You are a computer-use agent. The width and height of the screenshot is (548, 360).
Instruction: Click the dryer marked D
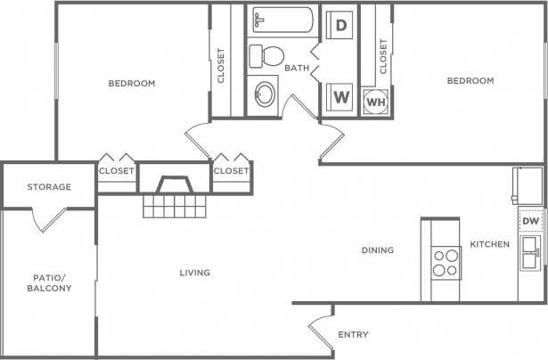[x=340, y=26]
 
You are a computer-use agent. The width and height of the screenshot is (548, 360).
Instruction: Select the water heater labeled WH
[x=374, y=102]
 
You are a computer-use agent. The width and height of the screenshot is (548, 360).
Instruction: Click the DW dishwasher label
[x=530, y=221]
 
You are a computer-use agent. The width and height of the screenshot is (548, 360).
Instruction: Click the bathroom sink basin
[x=265, y=95]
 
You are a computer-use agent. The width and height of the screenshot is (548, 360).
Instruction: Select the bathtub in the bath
[x=281, y=20]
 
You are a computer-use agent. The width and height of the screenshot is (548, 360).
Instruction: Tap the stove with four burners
[x=445, y=262]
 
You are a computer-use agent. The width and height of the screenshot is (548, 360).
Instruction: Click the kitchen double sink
[x=531, y=253]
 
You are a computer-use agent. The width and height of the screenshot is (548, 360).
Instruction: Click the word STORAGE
[x=48, y=187]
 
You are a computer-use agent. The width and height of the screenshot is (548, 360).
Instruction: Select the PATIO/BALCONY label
[x=47, y=283]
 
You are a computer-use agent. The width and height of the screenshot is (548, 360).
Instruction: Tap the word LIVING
[x=194, y=273]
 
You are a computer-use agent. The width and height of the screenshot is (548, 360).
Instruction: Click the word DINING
[x=378, y=250]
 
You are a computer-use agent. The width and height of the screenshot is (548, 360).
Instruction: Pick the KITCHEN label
[x=490, y=244]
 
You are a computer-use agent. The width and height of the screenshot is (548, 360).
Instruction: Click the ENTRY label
[x=354, y=335]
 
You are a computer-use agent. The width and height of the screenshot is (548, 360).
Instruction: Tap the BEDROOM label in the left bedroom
[x=132, y=84]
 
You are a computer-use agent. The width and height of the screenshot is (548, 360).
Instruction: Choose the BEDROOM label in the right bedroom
[x=470, y=81]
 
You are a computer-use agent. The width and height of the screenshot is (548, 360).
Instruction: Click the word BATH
[x=297, y=69]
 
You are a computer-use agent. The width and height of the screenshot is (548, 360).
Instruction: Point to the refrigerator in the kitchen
[x=528, y=185]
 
